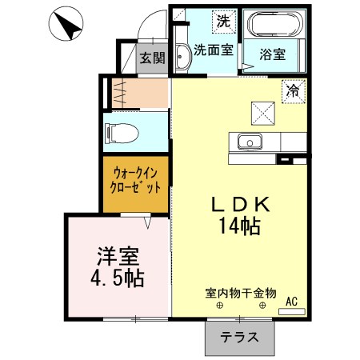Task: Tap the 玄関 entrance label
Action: click(151, 58)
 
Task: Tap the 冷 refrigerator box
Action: click(294, 91)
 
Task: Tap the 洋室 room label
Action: click(118, 258)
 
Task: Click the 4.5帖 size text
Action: click(118, 279)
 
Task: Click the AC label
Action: click(291, 302)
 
